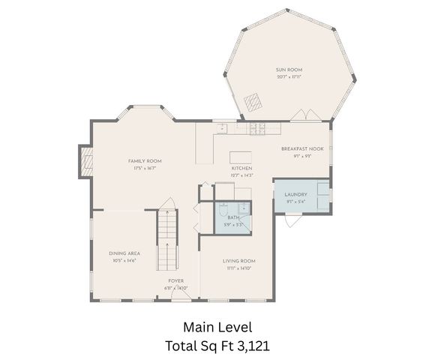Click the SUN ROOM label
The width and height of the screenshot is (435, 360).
point(289,70)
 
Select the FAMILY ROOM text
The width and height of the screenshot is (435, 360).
point(145,160)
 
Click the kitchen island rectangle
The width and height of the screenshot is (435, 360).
point(241,158)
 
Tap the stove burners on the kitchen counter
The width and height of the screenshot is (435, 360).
point(258,129)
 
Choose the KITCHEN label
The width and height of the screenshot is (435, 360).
point(241,168)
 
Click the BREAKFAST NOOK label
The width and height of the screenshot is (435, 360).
point(302,148)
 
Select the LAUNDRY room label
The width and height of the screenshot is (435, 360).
point(296,193)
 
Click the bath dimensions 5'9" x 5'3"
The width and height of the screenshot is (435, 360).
point(233,224)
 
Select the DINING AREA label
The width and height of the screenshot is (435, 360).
point(124,253)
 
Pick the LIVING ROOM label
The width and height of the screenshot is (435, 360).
point(239,261)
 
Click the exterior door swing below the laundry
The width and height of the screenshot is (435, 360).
point(294,220)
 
